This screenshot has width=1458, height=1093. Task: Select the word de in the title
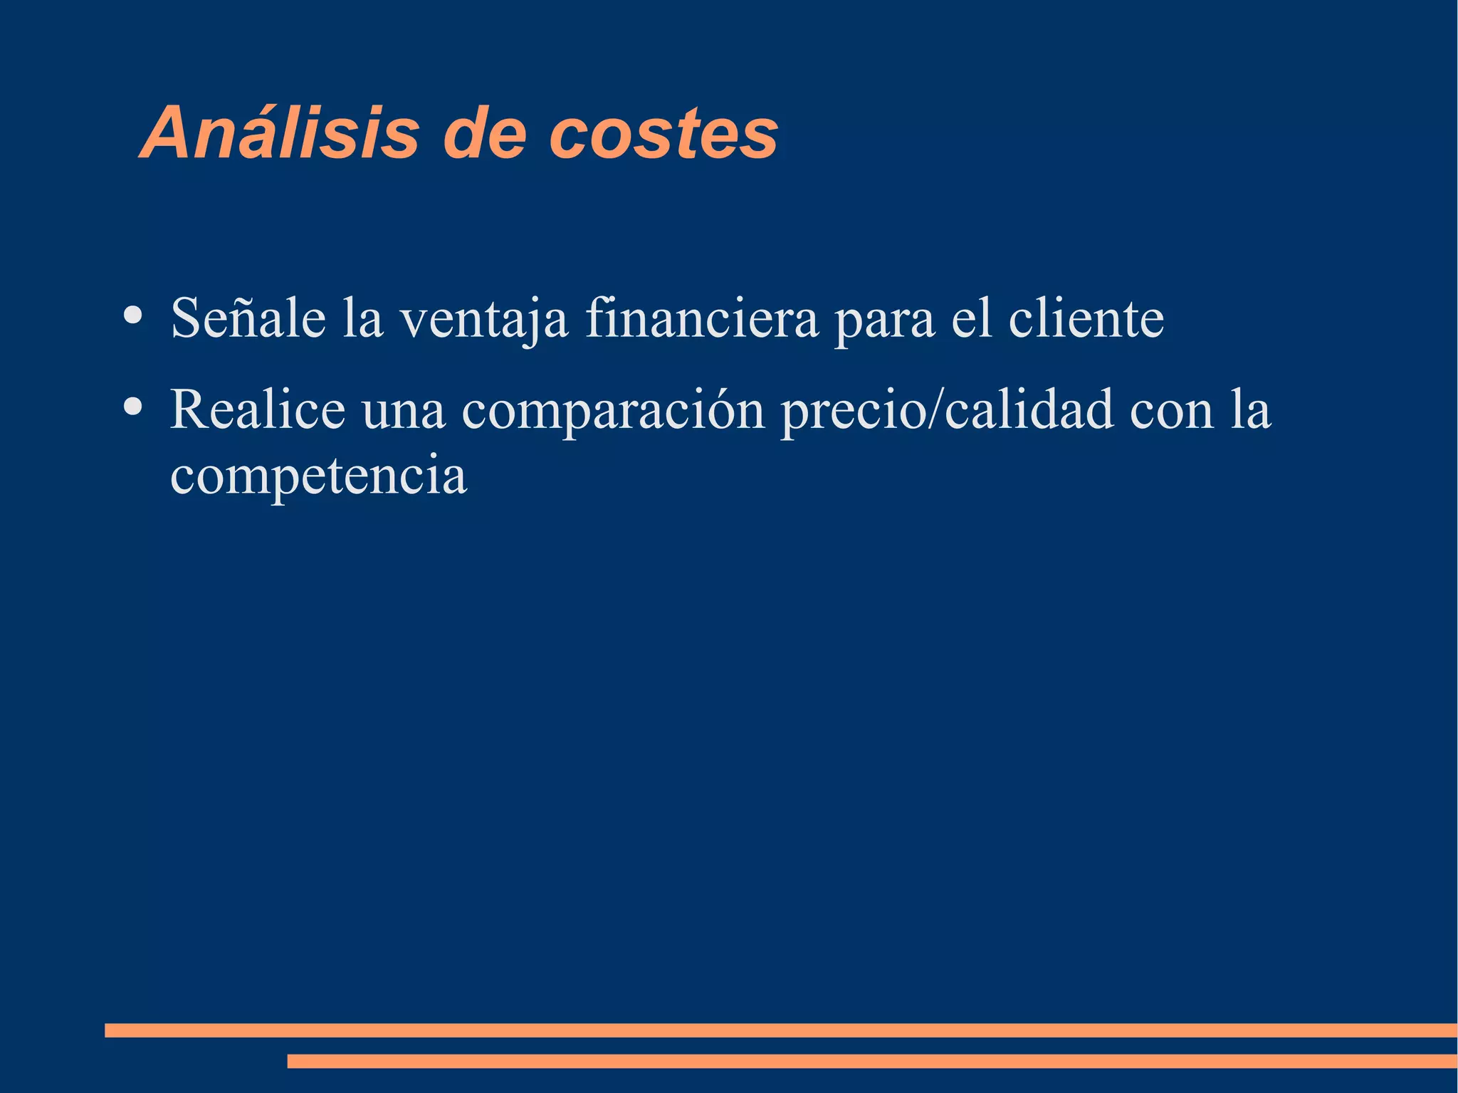(x=484, y=133)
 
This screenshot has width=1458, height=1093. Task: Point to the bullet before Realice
(x=132, y=406)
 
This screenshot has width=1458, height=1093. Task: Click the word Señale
(x=248, y=318)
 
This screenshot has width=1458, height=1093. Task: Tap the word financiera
(x=702, y=318)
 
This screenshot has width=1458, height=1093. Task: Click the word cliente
(x=1086, y=318)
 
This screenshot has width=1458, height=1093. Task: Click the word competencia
(x=318, y=476)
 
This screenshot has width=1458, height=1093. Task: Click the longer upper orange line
(x=780, y=1030)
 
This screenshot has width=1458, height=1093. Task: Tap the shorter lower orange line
(x=871, y=1061)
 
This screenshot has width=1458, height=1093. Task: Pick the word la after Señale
(x=362, y=318)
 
